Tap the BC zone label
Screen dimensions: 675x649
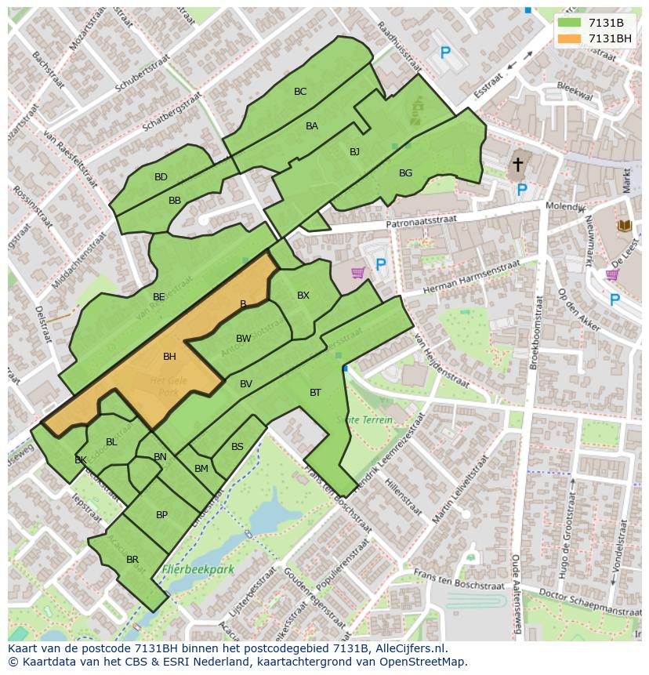point(300,92)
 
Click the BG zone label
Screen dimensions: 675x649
point(405,173)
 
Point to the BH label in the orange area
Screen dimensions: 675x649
point(169,357)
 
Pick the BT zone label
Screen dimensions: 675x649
point(315,392)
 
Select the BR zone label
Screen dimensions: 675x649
point(132,560)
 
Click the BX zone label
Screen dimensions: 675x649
point(303,296)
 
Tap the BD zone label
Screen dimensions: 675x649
point(161,177)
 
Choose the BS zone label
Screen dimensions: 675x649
point(237,447)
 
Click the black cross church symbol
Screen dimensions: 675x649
point(517,164)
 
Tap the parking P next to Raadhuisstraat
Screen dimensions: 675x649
point(445,53)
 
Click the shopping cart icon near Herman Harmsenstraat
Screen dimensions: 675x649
point(357,272)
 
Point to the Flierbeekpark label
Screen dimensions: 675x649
point(198,570)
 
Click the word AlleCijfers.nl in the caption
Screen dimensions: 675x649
point(408,648)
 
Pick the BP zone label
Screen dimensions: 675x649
point(161,515)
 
